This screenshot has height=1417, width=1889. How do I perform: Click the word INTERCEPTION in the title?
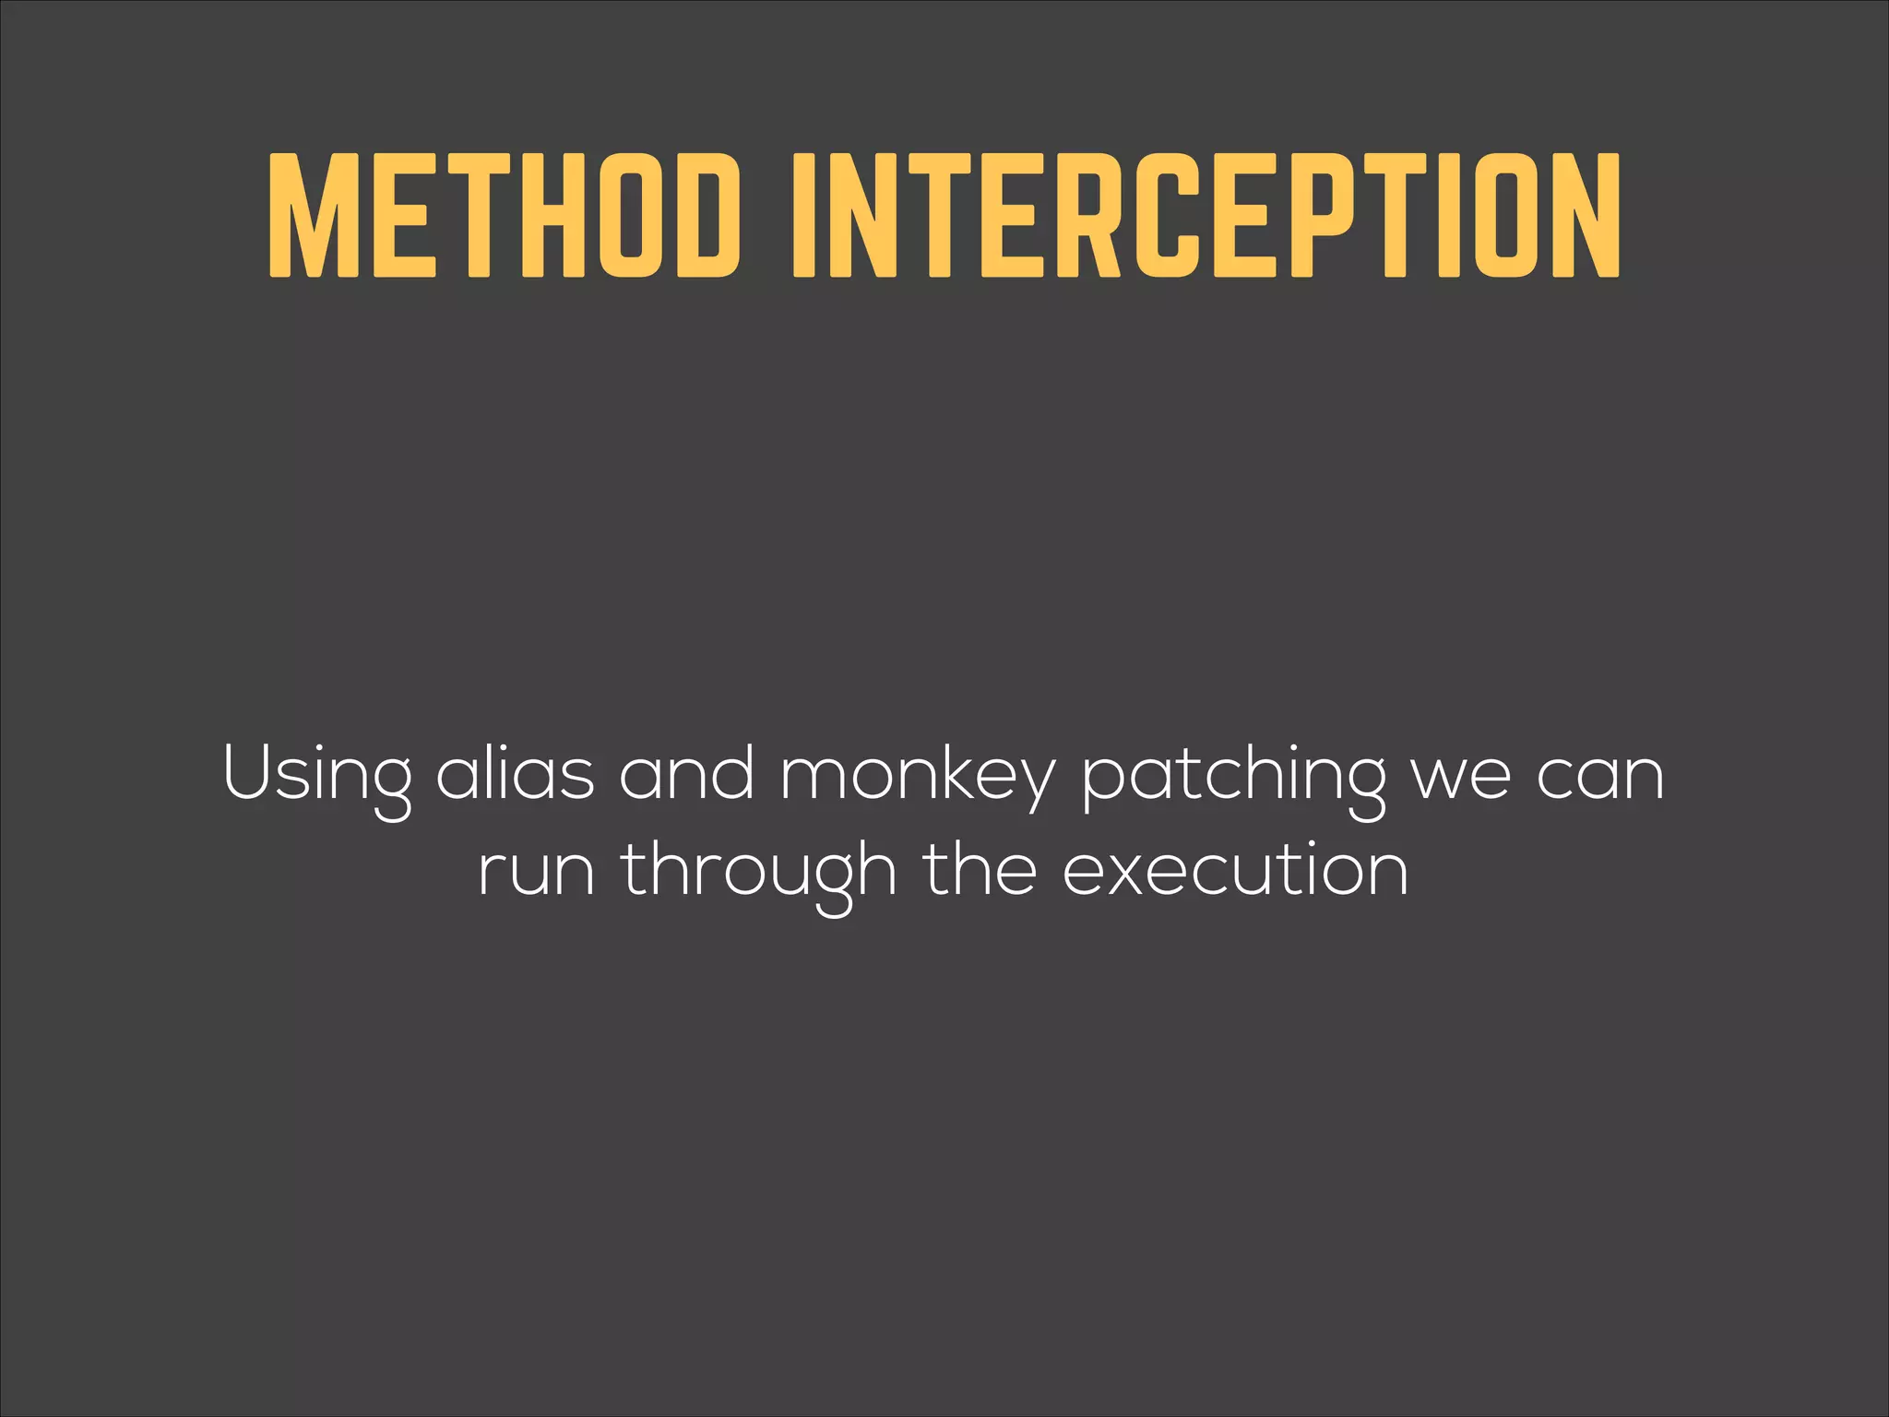[1206, 215]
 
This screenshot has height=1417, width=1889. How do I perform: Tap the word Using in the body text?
[317, 775]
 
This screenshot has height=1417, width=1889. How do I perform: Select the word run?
[536, 873]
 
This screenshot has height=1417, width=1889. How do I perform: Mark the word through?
[758, 873]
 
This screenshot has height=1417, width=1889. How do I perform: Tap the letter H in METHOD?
[555, 215]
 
